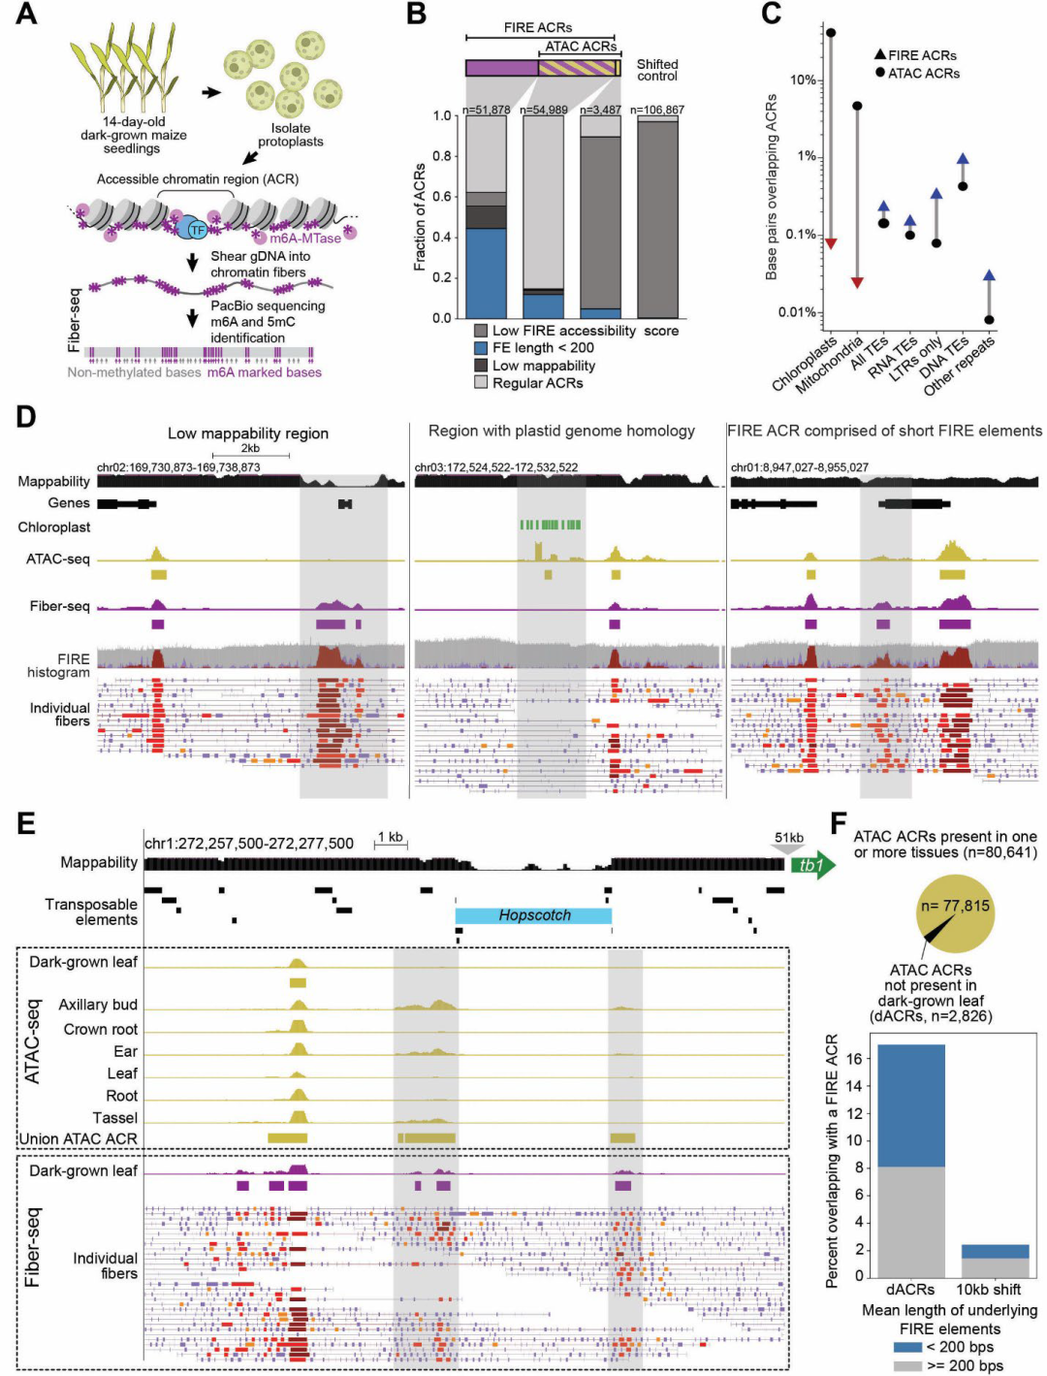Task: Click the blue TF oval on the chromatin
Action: (x=196, y=229)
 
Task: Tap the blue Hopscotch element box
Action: (x=533, y=915)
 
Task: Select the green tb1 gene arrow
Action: (x=812, y=865)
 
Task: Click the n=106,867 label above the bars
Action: (x=657, y=110)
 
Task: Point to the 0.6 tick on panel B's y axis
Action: (x=441, y=197)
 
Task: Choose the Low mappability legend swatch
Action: (x=481, y=366)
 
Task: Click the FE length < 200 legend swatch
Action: (x=481, y=348)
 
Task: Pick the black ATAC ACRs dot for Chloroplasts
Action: (x=831, y=33)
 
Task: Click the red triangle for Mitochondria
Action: (x=857, y=282)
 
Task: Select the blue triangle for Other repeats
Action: (x=989, y=275)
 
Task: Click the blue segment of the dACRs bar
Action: (x=910, y=1104)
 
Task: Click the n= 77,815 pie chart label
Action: (x=955, y=907)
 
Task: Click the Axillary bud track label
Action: (x=98, y=1005)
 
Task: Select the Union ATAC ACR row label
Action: (x=79, y=1138)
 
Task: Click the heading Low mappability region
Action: (x=247, y=433)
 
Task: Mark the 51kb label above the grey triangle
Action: (x=788, y=838)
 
